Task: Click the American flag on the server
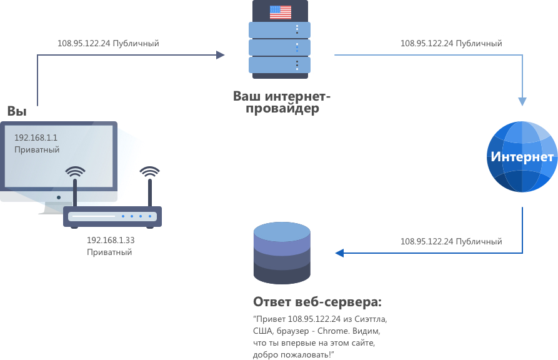[281, 12]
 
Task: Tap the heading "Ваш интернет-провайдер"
[281, 102]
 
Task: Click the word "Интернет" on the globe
[522, 157]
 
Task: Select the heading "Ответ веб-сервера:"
[317, 302]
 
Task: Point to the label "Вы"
[17, 111]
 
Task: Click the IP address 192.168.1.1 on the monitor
[36, 137]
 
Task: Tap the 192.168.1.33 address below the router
[111, 241]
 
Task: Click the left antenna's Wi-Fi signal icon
[75, 172]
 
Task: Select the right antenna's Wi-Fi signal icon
[149, 172]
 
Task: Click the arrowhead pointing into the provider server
[221, 55]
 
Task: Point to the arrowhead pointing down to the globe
[522, 101]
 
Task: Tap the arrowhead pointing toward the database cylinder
[339, 253]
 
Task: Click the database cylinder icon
[282, 253]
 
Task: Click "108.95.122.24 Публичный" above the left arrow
[108, 44]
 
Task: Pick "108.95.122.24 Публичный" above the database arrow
[451, 241]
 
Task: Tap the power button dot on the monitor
[59, 197]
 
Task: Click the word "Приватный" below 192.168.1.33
[109, 252]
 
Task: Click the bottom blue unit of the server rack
[279, 65]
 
